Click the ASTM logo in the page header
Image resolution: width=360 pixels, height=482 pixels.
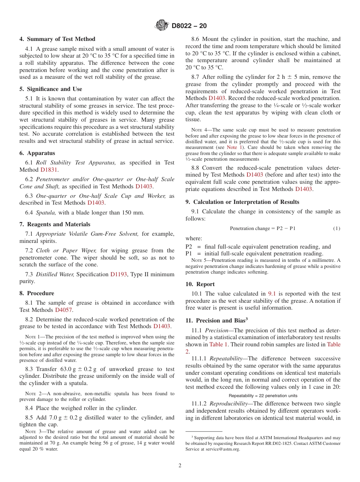162,26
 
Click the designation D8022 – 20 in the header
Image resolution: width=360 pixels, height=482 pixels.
189,26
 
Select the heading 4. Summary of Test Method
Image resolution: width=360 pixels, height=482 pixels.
57,39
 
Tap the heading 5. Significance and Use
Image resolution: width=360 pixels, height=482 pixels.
51,89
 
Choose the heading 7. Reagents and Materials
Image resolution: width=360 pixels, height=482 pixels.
55,224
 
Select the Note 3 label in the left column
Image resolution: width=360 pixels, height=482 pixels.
32,432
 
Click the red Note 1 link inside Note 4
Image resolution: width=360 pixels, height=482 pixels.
232,147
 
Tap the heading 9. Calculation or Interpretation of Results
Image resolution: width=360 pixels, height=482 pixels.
242,202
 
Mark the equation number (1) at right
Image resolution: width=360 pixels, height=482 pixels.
337,228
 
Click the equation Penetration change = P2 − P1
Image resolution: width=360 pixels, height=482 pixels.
263,228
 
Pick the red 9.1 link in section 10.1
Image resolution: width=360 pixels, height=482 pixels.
272,294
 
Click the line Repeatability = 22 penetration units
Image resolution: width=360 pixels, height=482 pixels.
263,396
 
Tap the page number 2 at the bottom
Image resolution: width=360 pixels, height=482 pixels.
180,466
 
